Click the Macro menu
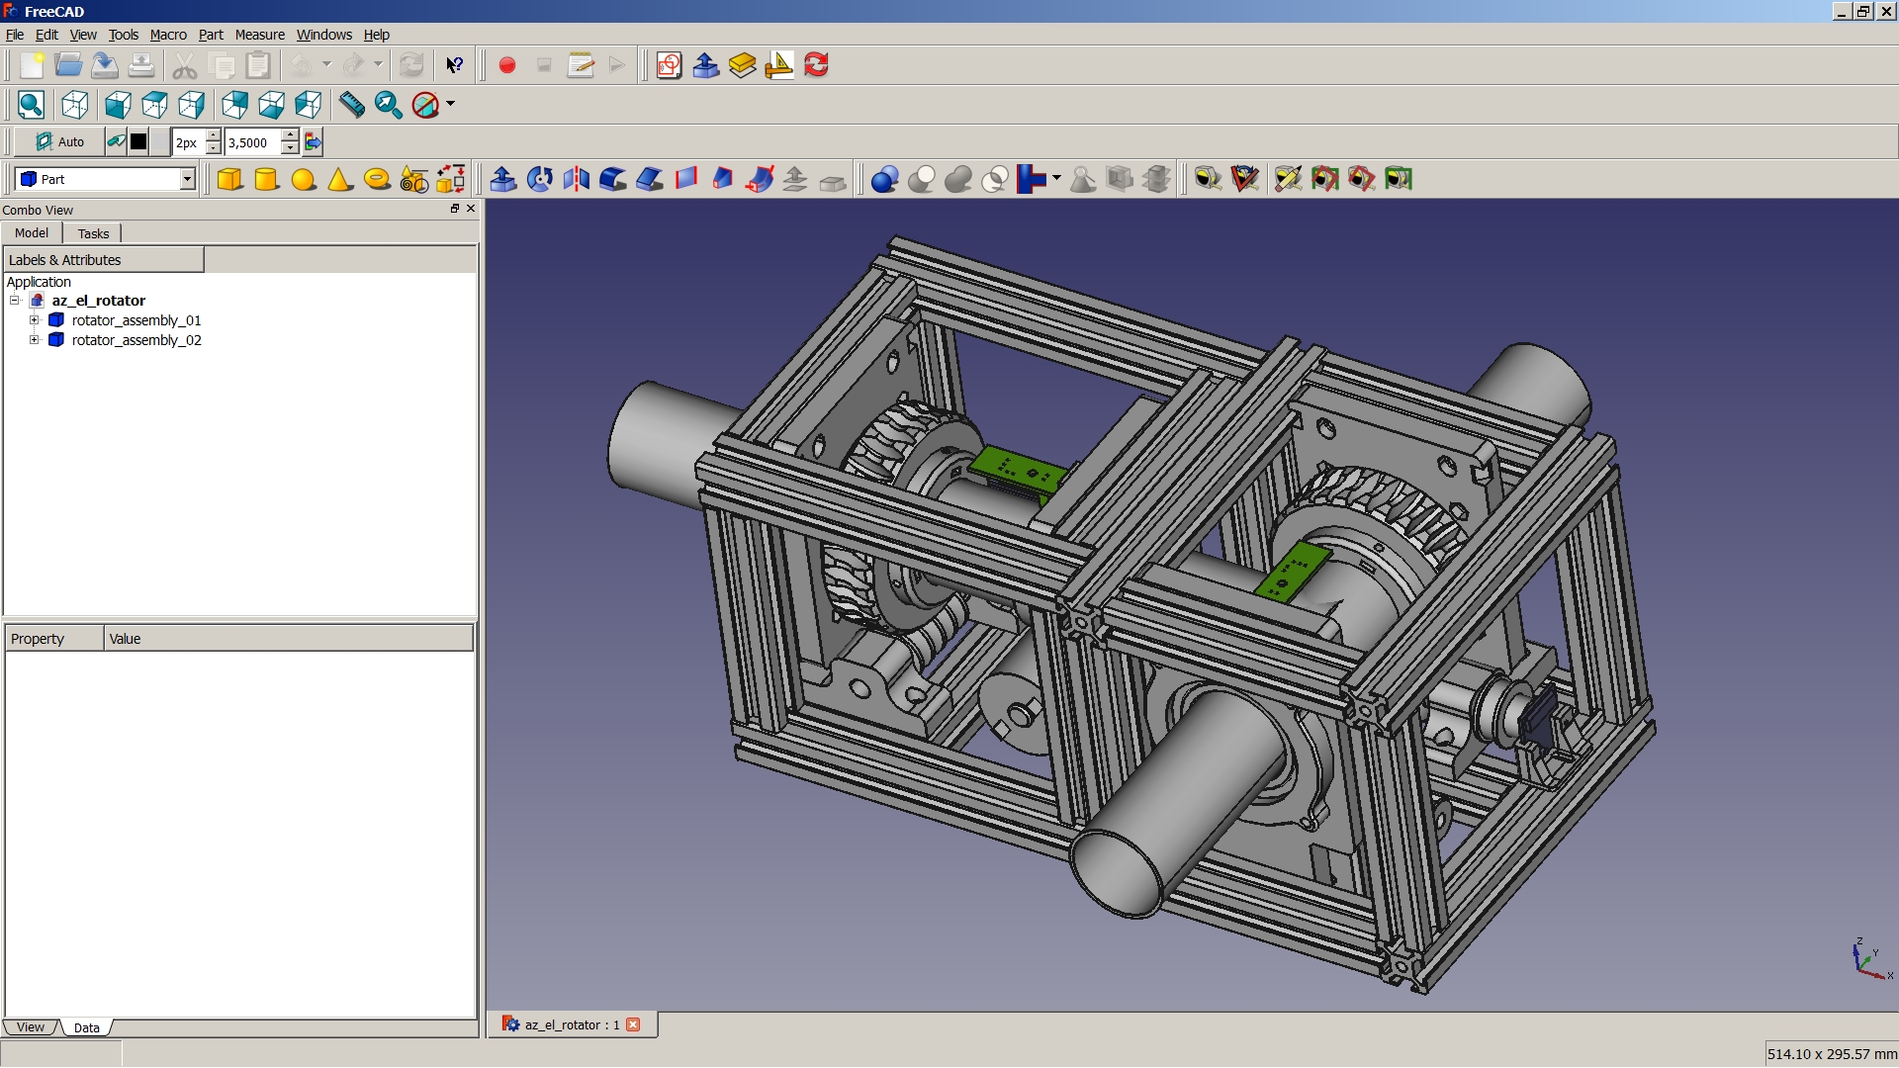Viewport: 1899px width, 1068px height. click(x=168, y=35)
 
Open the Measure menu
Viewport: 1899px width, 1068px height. click(x=259, y=35)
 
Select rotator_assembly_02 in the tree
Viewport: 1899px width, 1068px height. click(x=136, y=340)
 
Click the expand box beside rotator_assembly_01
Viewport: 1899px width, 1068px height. click(x=35, y=320)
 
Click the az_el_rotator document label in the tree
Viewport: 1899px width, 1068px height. click(x=98, y=301)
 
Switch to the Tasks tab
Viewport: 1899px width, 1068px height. click(x=93, y=233)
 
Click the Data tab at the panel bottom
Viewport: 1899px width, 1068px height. click(x=86, y=1027)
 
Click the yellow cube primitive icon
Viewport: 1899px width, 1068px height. click(x=229, y=179)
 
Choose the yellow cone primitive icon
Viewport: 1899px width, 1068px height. click(x=340, y=179)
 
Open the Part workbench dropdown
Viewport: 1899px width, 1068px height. click(x=187, y=179)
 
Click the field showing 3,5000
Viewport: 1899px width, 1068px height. click(x=252, y=142)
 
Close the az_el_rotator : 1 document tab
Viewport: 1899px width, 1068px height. click(x=633, y=1024)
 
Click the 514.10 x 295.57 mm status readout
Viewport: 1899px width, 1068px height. click(x=1831, y=1054)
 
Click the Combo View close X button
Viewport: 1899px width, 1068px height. click(x=471, y=209)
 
